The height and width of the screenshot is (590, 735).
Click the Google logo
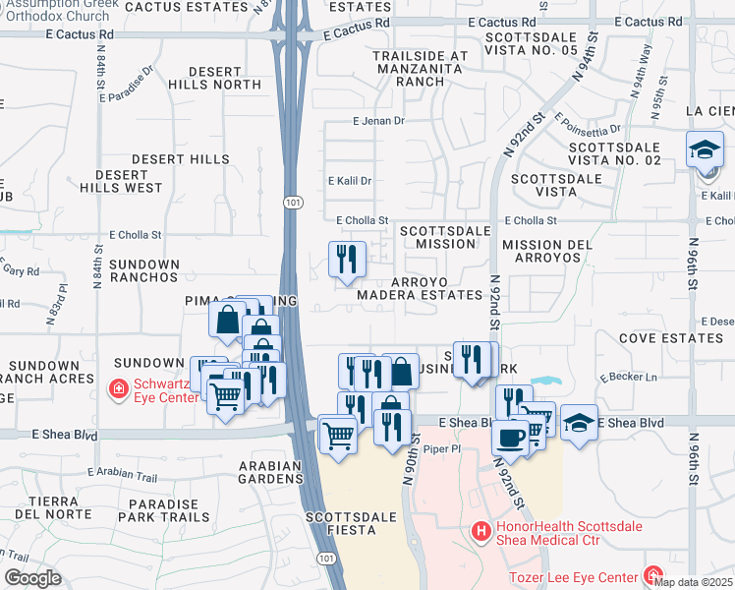pos(31,578)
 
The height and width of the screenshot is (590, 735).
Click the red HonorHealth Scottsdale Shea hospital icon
pos(481,533)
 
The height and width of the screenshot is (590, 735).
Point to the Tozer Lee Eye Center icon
pos(653,574)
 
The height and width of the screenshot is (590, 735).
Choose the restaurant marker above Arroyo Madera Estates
pos(346,260)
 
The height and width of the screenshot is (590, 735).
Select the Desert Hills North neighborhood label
pos(225,79)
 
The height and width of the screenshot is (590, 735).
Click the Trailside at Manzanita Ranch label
pos(421,69)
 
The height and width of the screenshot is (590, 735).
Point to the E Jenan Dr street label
pos(378,121)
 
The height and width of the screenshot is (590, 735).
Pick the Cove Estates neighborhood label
pos(671,337)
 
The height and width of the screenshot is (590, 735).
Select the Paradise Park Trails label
pos(163,509)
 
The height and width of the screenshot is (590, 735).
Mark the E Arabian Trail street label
pos(122,476)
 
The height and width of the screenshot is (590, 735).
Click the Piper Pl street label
pos(441,446)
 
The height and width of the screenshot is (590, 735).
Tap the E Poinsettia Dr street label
pos(588,126)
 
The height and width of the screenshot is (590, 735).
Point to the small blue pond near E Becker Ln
pos(542,382)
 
